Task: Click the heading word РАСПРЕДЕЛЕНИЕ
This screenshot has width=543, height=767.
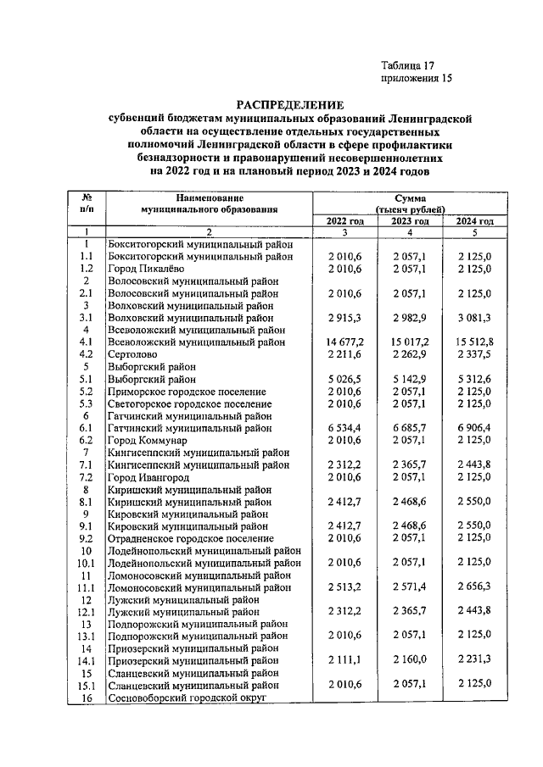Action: point(290,106)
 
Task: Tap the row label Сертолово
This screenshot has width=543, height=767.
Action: point(136,354)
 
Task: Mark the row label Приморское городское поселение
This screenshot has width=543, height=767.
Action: point(187,392)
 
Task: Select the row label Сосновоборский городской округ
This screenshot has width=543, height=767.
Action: point(188,698)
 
